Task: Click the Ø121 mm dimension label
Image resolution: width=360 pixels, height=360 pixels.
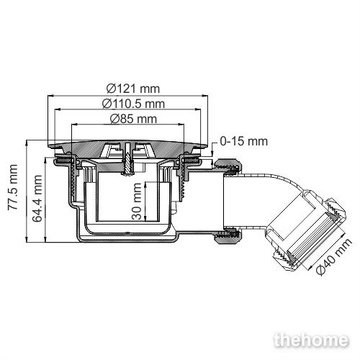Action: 133,89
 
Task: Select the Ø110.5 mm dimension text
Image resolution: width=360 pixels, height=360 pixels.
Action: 133,104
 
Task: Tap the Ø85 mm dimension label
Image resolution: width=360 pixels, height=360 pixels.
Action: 133,119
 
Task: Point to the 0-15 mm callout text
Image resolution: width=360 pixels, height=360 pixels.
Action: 243,141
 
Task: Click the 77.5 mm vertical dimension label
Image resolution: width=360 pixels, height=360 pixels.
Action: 13,187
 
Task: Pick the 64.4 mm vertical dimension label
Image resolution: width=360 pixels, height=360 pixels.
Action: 37,198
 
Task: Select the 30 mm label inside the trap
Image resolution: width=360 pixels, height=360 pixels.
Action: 137,201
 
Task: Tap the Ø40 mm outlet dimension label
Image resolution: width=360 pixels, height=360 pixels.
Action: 335,256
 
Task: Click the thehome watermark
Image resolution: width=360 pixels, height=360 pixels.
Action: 311,340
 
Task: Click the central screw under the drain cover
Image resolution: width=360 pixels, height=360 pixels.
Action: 128,159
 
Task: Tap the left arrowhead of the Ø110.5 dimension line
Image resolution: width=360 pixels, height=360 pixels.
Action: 58,109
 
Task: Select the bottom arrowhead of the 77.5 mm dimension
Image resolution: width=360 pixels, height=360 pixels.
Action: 27,239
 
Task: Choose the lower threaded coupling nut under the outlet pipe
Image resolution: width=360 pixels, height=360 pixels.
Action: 228,236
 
